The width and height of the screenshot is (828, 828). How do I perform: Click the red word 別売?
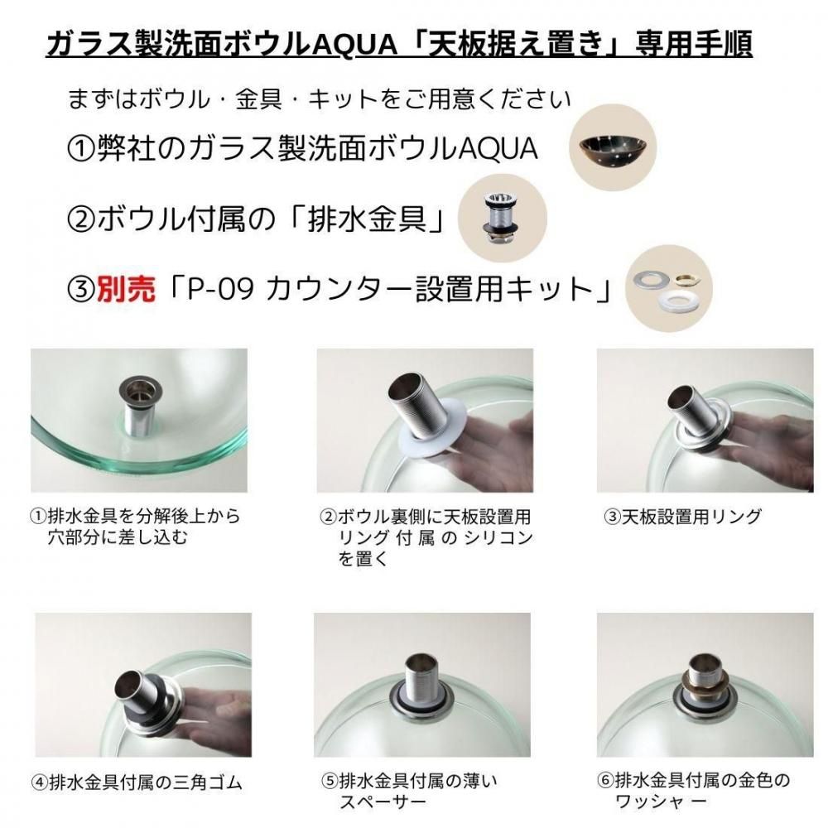[x=126, y=289]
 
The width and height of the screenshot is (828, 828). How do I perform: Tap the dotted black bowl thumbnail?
[x=613, y=148]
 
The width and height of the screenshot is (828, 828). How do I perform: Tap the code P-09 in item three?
[x=222, y=289]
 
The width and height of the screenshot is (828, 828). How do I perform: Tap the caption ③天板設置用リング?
[x=683, y=516]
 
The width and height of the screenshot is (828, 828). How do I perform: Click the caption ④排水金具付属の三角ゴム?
[x=137, y=782]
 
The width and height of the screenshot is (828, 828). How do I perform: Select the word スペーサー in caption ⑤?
[x=383, y=802]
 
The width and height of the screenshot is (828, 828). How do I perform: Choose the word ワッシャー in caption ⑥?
[x=661, y=802]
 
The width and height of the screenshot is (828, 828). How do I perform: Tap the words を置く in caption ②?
[x=363, y=559]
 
